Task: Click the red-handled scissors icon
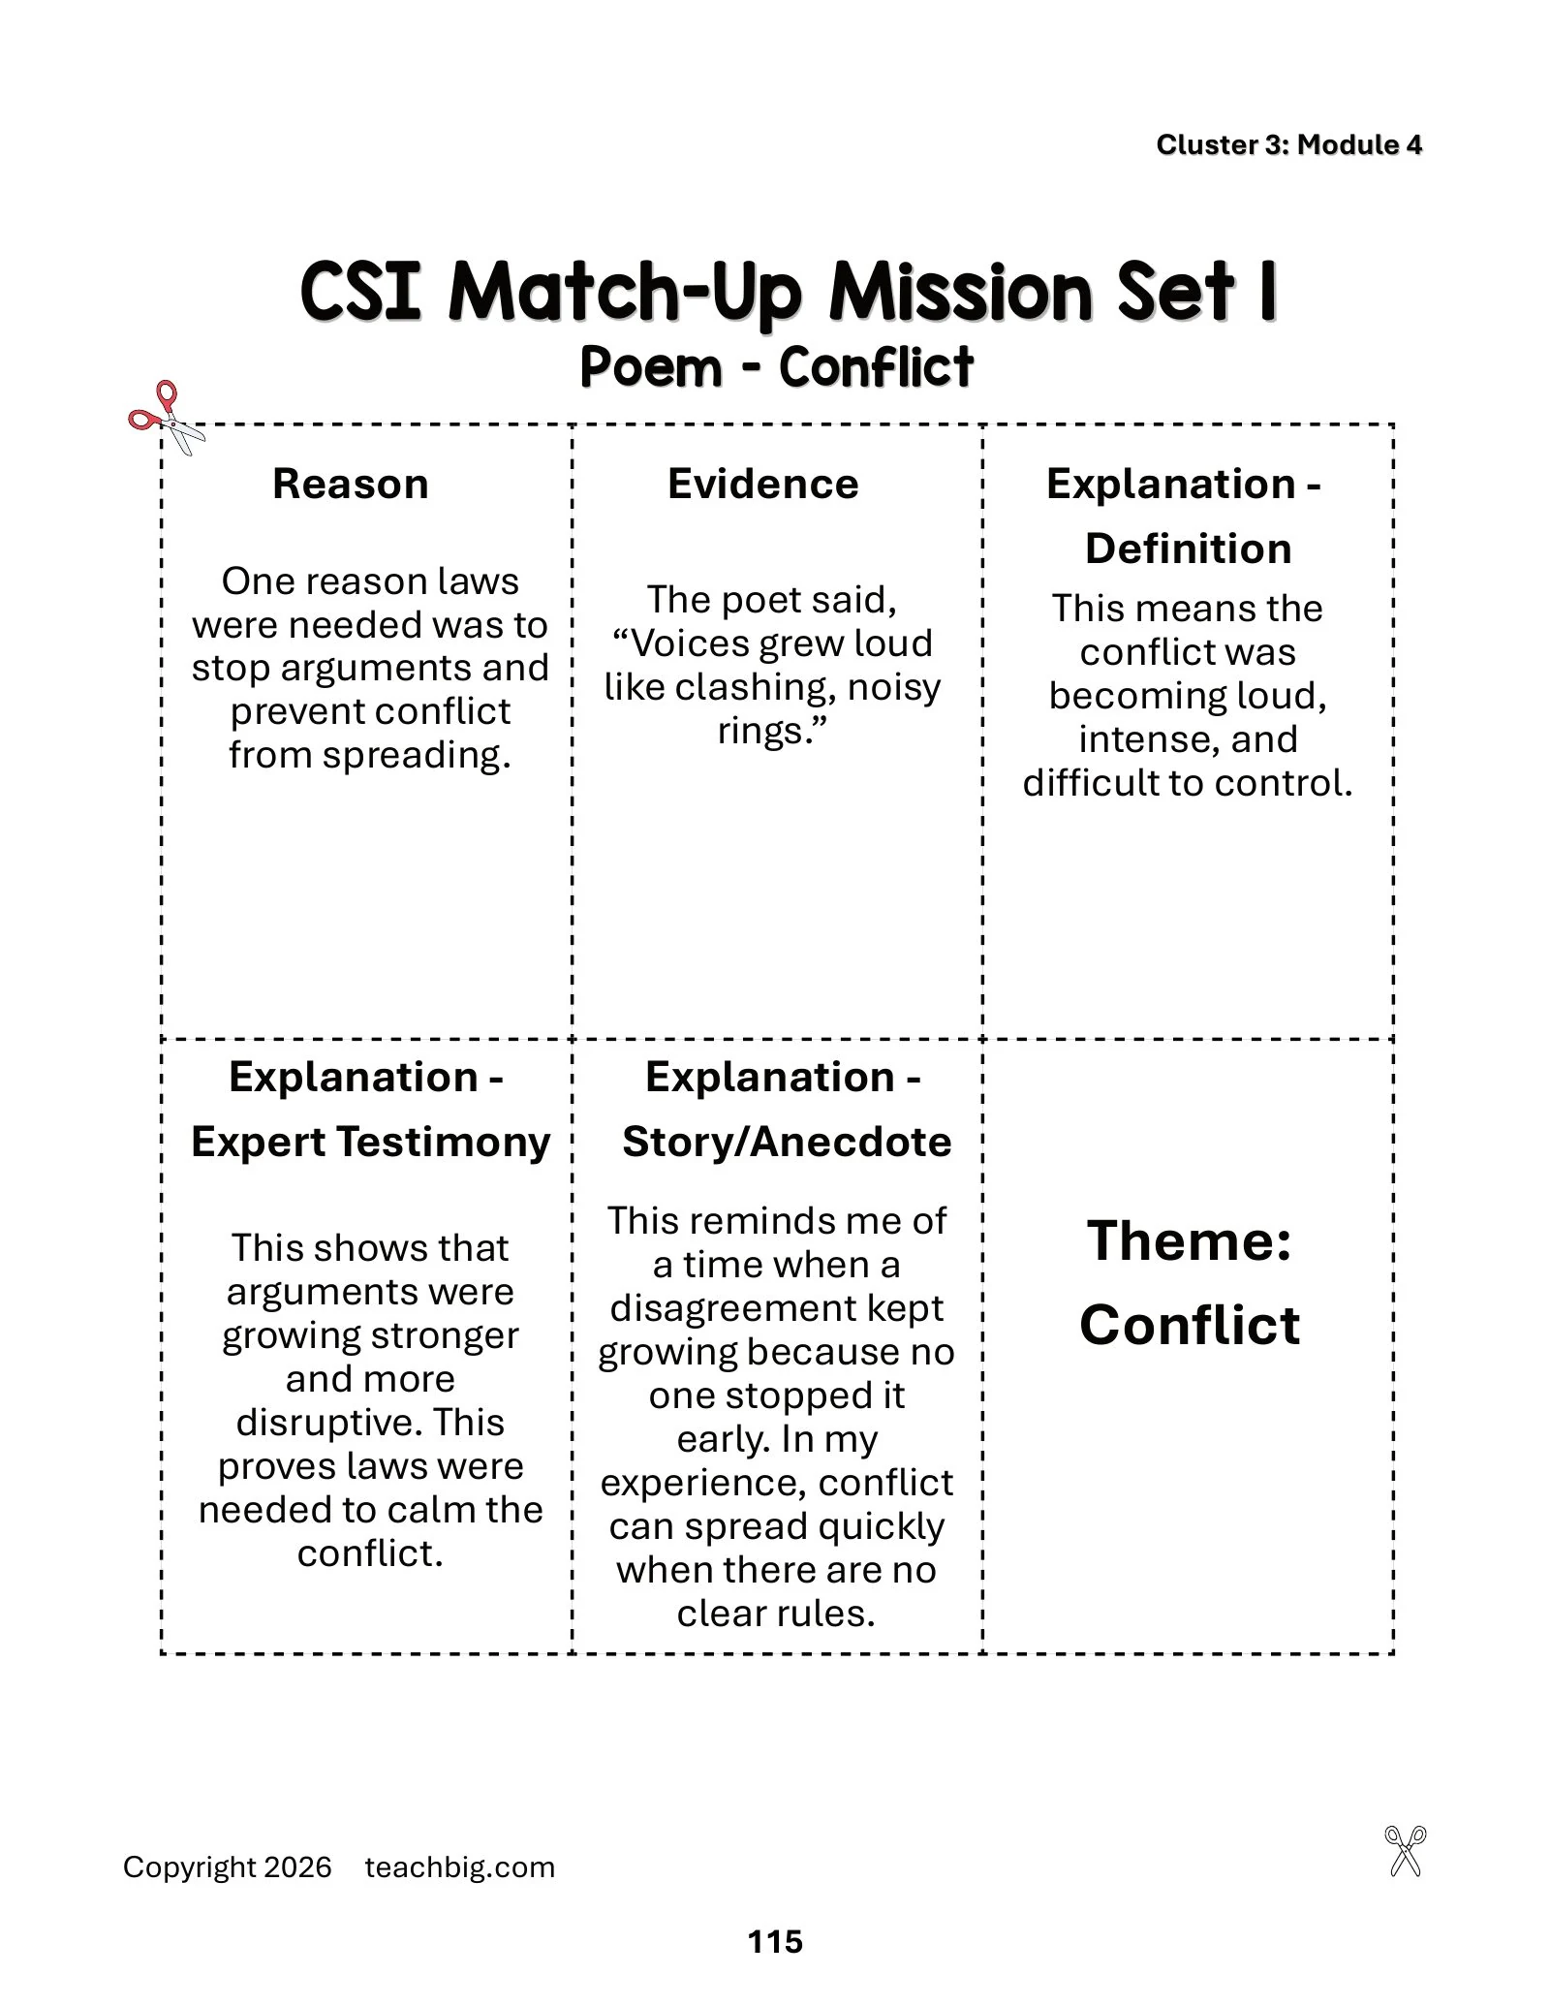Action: tap(167, 418)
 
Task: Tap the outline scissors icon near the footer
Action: tap(1406, 1851)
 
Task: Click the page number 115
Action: tap(775, 1941)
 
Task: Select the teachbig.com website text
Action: tap(460, 1867)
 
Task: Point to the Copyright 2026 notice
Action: tap(228, 1867)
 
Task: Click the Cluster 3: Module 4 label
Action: tap(1288, 144)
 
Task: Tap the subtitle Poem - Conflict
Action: tap(776, 367)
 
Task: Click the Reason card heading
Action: tap(351, 484)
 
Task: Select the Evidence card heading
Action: tap(763, 484)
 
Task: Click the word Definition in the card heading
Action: tap(1188, 549)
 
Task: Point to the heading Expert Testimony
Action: tap(370, 1142)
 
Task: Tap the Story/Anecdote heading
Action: tap(787, 1142)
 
